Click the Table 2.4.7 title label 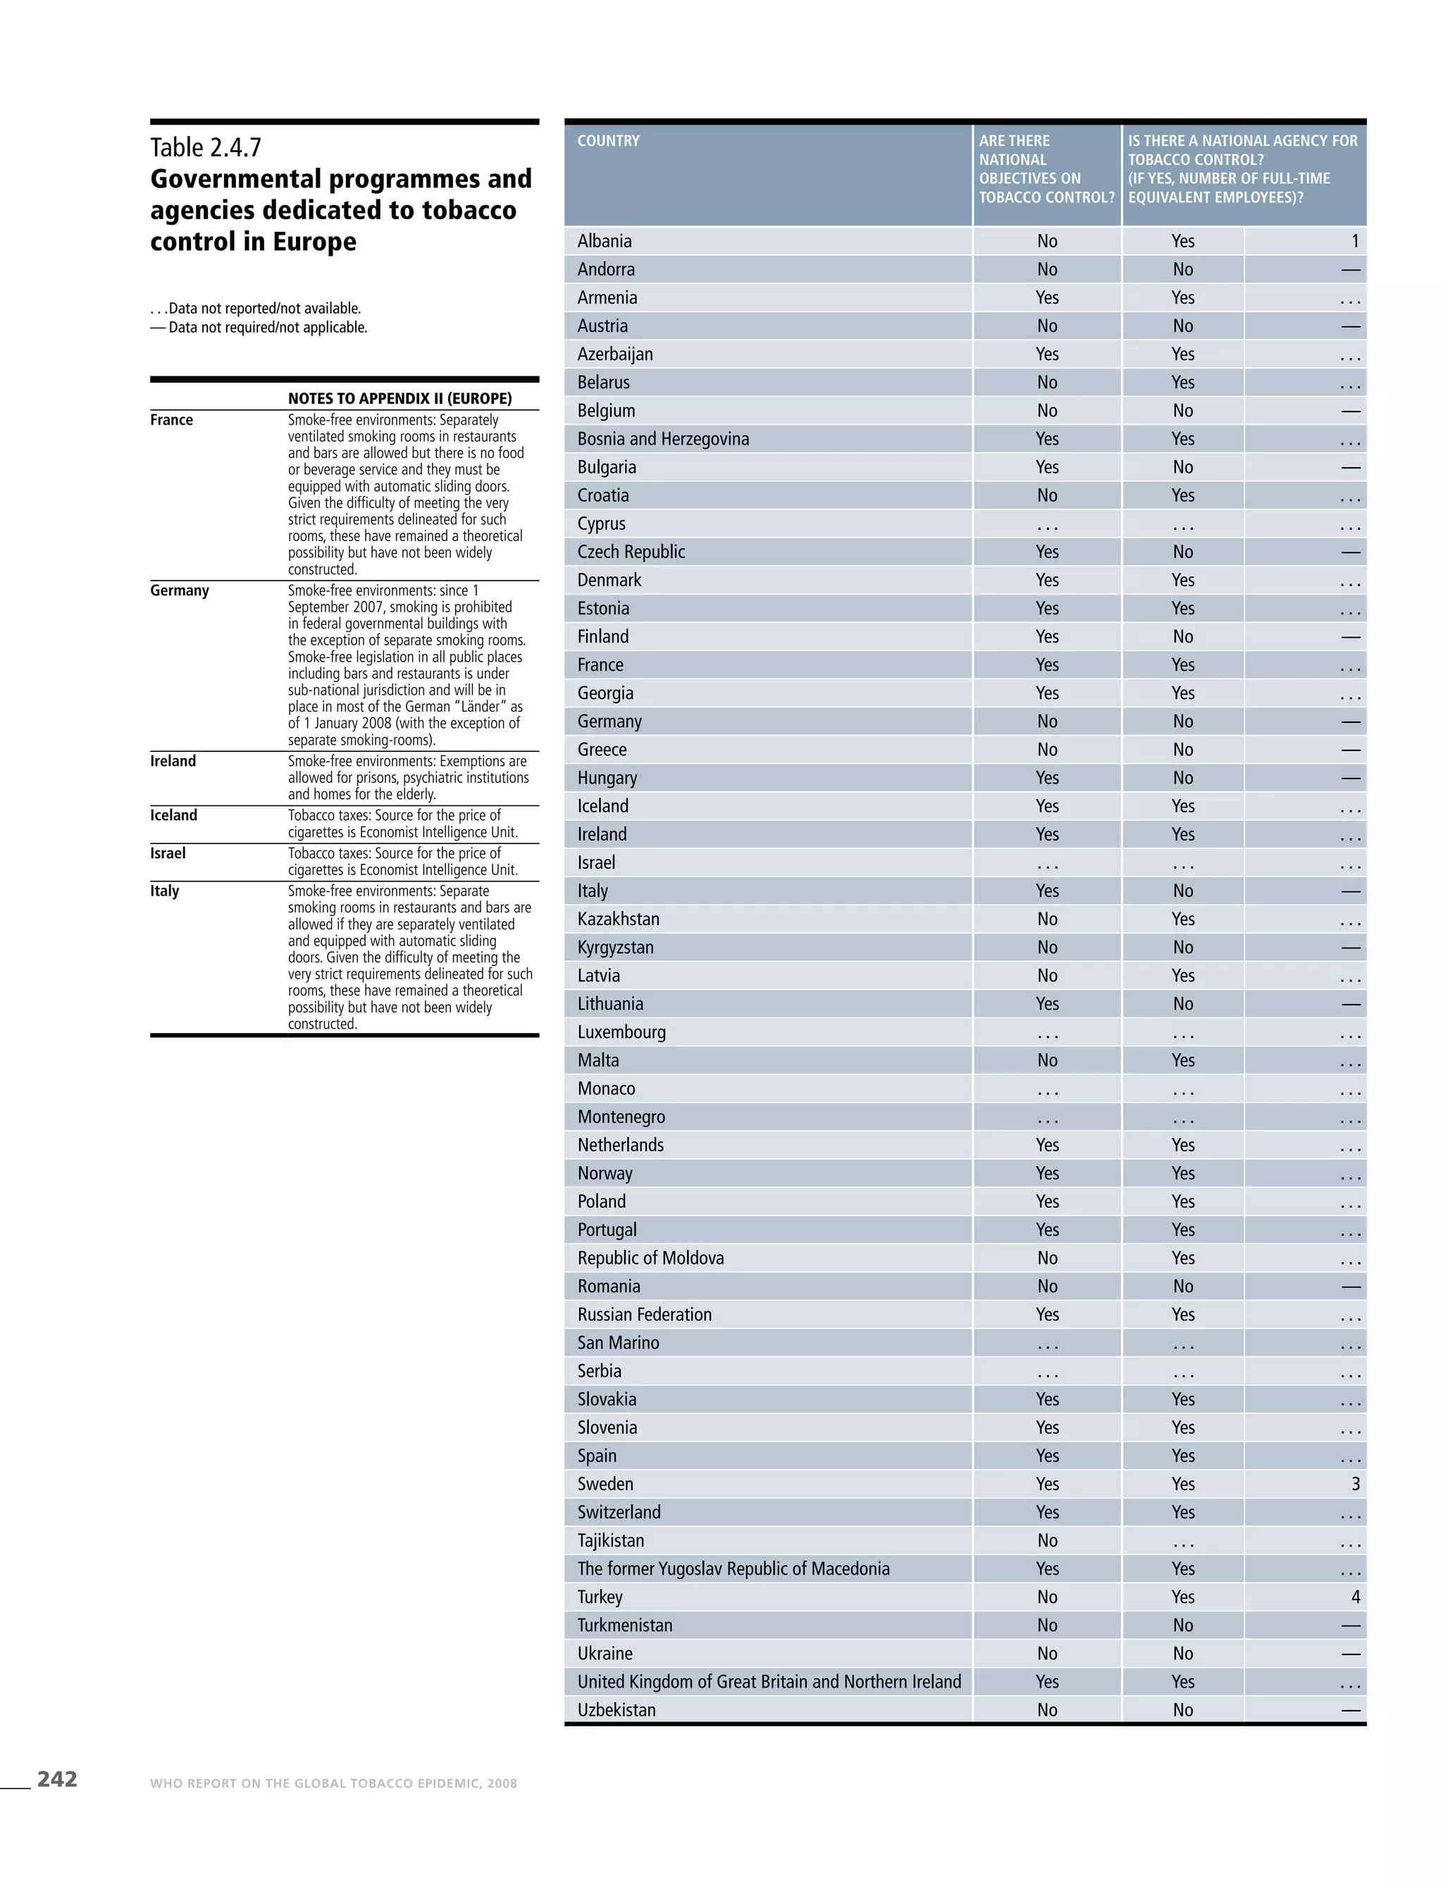206,148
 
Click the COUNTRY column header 608,141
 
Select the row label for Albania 604,242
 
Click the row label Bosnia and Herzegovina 663,439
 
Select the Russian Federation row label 644,1314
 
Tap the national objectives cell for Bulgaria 1047,467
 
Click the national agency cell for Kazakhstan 1183,919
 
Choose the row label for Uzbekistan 616,1709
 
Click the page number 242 56,1779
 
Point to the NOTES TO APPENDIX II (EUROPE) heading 400,399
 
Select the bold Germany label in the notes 180,591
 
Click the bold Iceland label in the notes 173,815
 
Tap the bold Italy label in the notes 165,891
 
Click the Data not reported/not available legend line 256,309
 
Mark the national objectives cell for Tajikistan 1047,1540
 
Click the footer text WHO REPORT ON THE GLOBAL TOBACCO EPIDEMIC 333,1783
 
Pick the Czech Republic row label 631,552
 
